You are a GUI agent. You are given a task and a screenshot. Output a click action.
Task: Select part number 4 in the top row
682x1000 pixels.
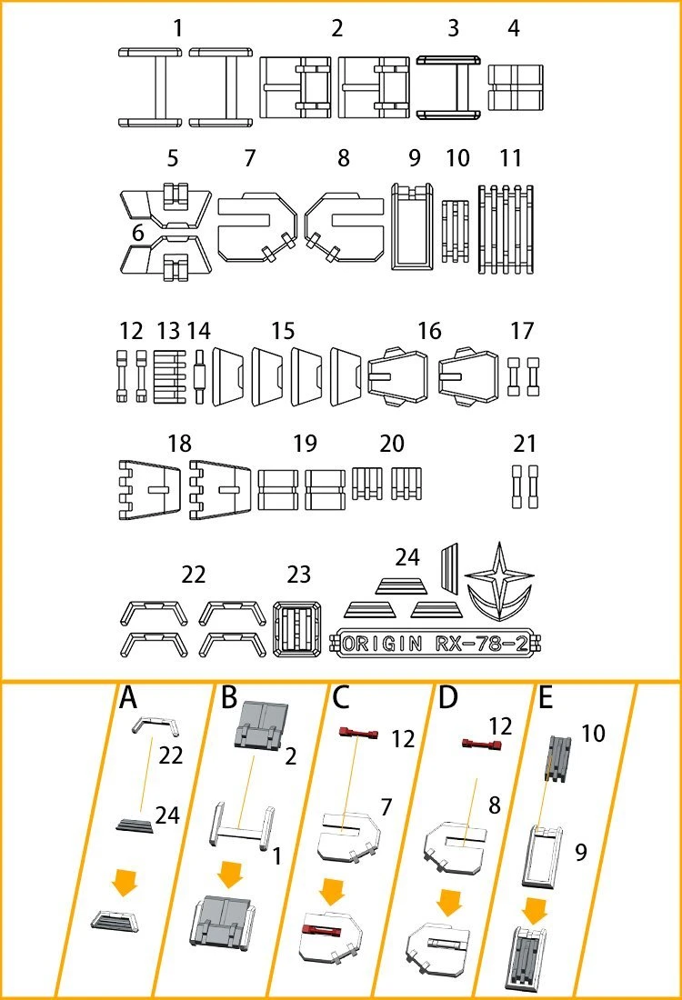click(516, 87)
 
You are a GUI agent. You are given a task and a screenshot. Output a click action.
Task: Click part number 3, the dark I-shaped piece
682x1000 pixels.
click(449, 87)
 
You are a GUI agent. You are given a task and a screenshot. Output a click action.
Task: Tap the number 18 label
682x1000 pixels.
click(180, 444)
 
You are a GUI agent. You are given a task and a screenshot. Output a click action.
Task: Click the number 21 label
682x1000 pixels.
click(525, 444)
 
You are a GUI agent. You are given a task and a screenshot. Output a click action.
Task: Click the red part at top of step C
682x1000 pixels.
click(359, 734)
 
